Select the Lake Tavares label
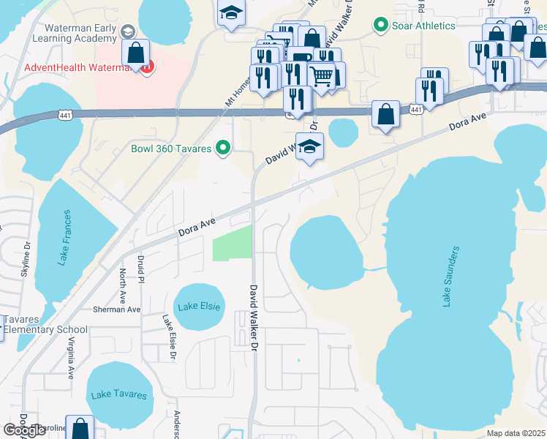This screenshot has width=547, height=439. point(118,394)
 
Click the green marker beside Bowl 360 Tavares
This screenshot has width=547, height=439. point(225,149)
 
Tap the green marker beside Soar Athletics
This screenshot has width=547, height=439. point(380,26)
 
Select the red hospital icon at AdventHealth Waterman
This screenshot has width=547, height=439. point(148,68)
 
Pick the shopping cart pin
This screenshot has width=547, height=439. point(321,75)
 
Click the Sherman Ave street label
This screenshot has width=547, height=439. point(116,309)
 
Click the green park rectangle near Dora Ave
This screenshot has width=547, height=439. point(232,243)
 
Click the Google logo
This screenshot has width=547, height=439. point(24,429)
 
